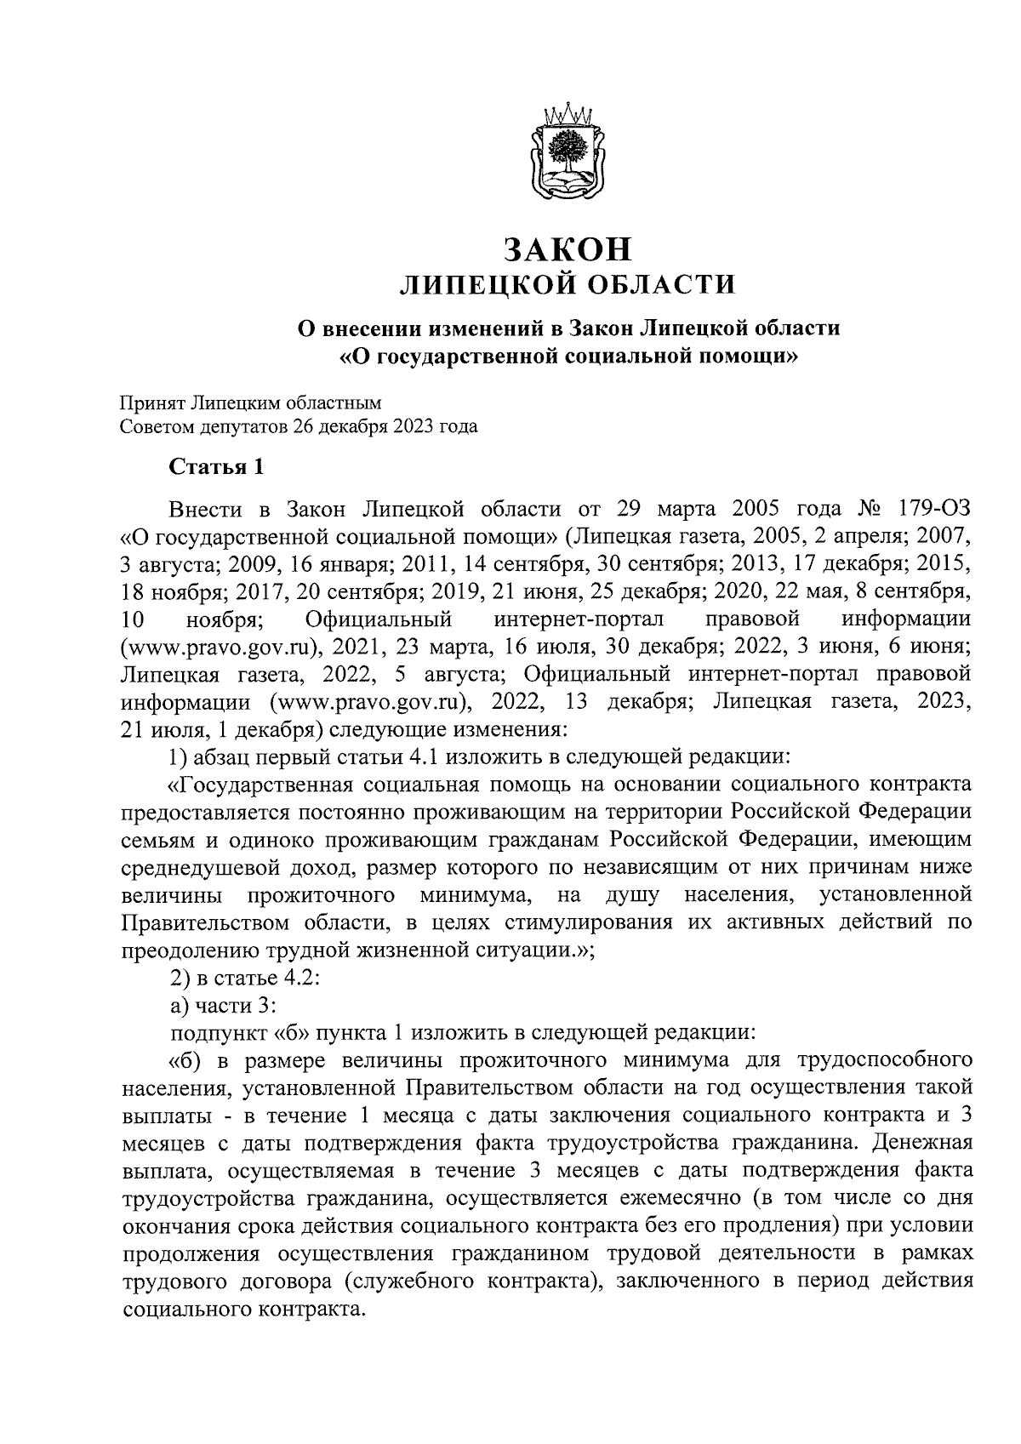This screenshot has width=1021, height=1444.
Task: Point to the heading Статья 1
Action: coord(218,467)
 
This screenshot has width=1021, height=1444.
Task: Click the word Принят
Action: coord(151,402)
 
